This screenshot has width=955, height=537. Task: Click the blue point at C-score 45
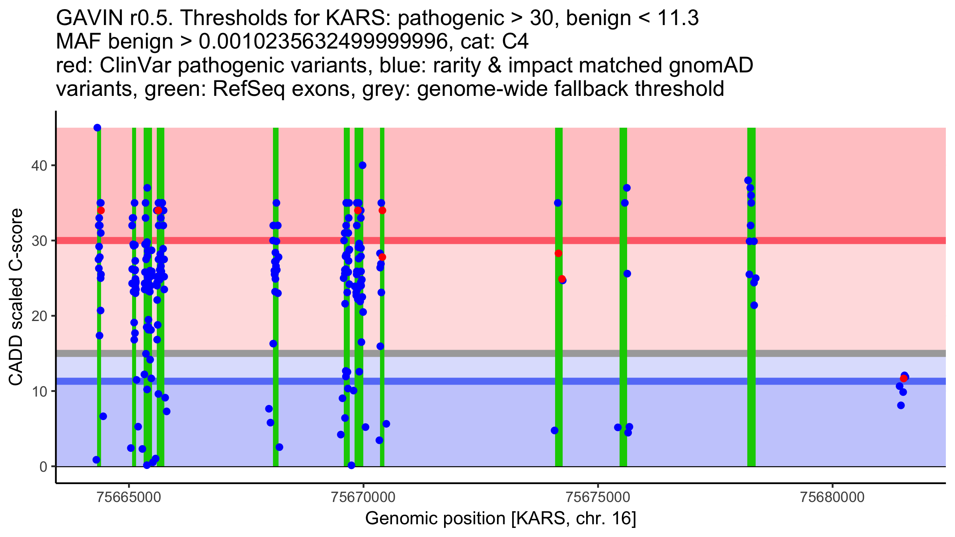(x=97, y=128)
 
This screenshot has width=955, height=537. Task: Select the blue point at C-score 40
(x=362, y=165)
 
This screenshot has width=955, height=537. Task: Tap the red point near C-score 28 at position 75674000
(x=558, y=253)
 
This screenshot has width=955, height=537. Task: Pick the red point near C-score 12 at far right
(x=904, y=378)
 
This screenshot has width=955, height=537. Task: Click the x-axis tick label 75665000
(x=129, y=498)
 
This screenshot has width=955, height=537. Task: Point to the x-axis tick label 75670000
(x=363, y=498)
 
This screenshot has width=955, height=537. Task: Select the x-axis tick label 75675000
(x=598, y=498)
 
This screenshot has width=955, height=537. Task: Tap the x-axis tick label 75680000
(x=832, y=498)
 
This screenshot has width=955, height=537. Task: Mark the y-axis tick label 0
(x=43, y=467)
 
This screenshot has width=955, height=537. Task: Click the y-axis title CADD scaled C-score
(x=16, y=297)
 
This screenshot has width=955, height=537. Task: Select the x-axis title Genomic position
(x=501, y=519)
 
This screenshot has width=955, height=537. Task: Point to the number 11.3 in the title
(x=678, y=18)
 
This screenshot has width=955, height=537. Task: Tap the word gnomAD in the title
(x=711, y=66)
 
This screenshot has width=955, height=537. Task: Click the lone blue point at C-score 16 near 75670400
(x=380, y=346)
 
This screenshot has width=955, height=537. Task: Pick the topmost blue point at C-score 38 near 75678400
(x=748, y=180)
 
